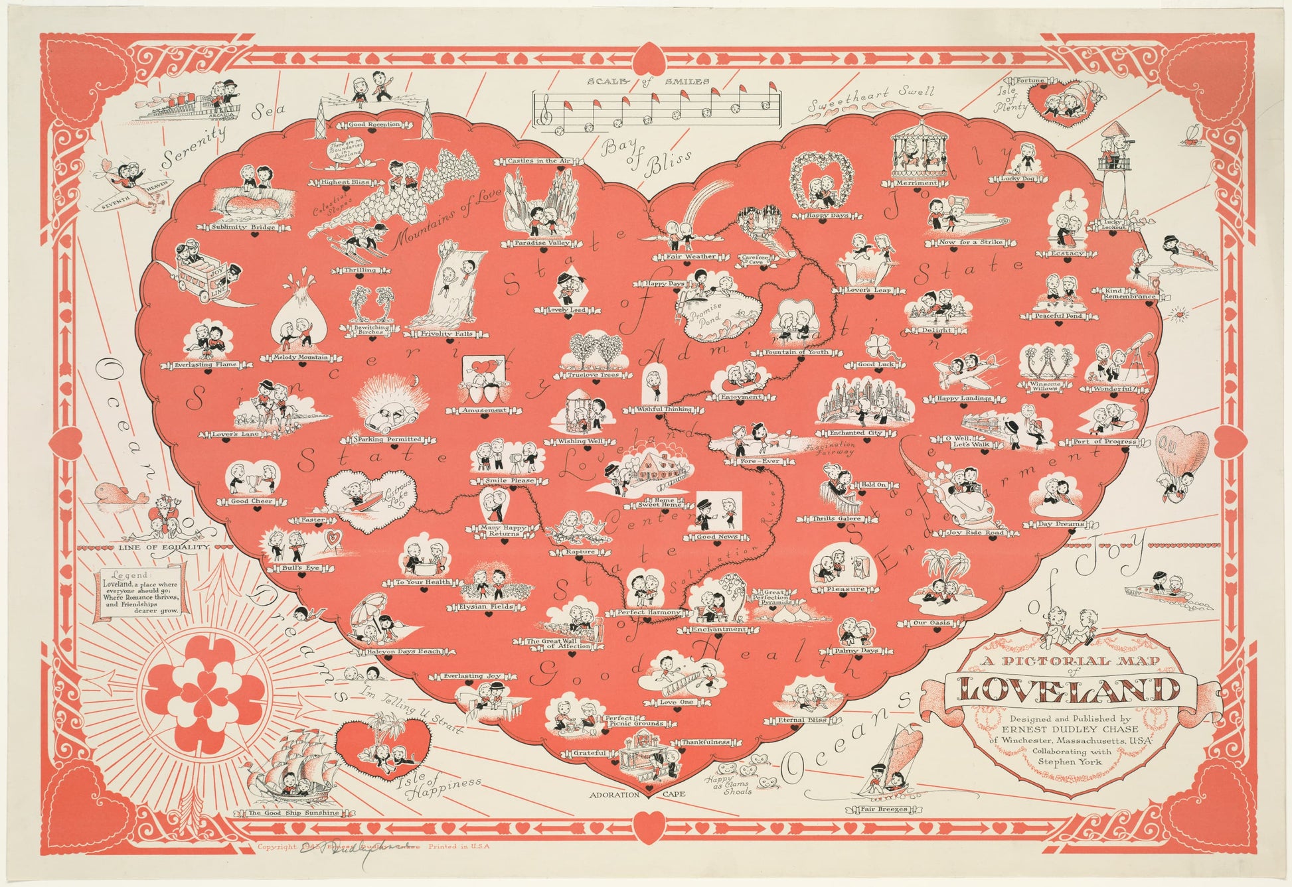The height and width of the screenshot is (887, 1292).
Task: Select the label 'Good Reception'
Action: [x=374, y=124]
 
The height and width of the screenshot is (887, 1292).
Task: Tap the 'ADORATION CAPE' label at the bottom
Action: [x=635, y=794]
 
